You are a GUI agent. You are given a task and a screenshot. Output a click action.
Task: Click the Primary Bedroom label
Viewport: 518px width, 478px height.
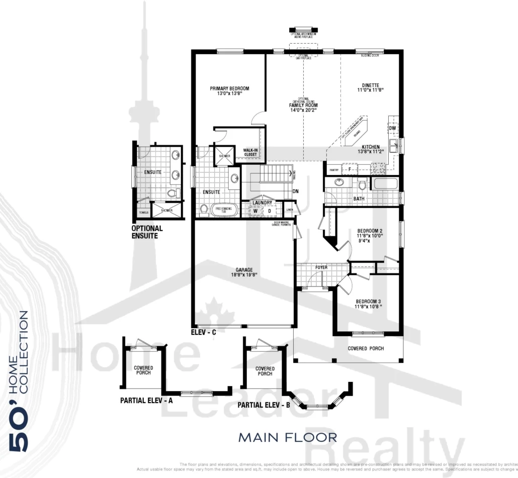pos(229,88)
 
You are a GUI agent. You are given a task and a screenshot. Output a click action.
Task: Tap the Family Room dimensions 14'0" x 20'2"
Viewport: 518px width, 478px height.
pos(303,111)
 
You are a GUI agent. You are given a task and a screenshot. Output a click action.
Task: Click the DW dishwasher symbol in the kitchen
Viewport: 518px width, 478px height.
pos(392,129)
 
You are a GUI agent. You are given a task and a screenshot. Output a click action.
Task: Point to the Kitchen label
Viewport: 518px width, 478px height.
pos(371,147)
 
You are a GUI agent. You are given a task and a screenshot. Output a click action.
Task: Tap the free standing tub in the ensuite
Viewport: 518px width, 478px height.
pos(222,210)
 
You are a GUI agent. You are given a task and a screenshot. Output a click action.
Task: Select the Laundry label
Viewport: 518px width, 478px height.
pos(262,203)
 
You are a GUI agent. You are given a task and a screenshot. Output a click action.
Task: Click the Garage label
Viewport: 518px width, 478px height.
pos(243,269)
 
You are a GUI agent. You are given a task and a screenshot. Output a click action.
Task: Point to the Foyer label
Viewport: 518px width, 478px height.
pos(321,267)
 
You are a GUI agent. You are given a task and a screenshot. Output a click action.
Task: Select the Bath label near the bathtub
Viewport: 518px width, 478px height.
pos(359,199)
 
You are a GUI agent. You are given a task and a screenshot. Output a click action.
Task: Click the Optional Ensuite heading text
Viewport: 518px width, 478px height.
pos(147,232)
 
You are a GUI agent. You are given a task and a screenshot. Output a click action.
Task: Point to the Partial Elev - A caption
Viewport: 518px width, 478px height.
pos(146,401)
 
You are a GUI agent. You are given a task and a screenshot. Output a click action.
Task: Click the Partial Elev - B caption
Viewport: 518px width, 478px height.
pos(264,405)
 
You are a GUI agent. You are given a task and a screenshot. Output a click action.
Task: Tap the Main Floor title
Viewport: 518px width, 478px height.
pos(288,437)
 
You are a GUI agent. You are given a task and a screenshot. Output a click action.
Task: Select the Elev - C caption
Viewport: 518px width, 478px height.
pos(203,332)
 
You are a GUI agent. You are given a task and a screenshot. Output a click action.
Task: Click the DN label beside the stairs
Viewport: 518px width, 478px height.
pos(296,190)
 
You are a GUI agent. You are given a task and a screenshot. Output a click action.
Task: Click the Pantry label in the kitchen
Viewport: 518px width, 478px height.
pos(333,170)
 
